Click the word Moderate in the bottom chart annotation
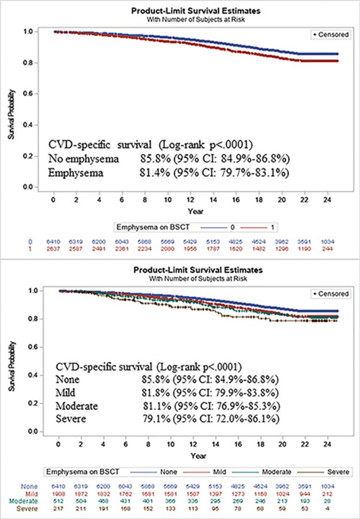pos(77,406)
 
